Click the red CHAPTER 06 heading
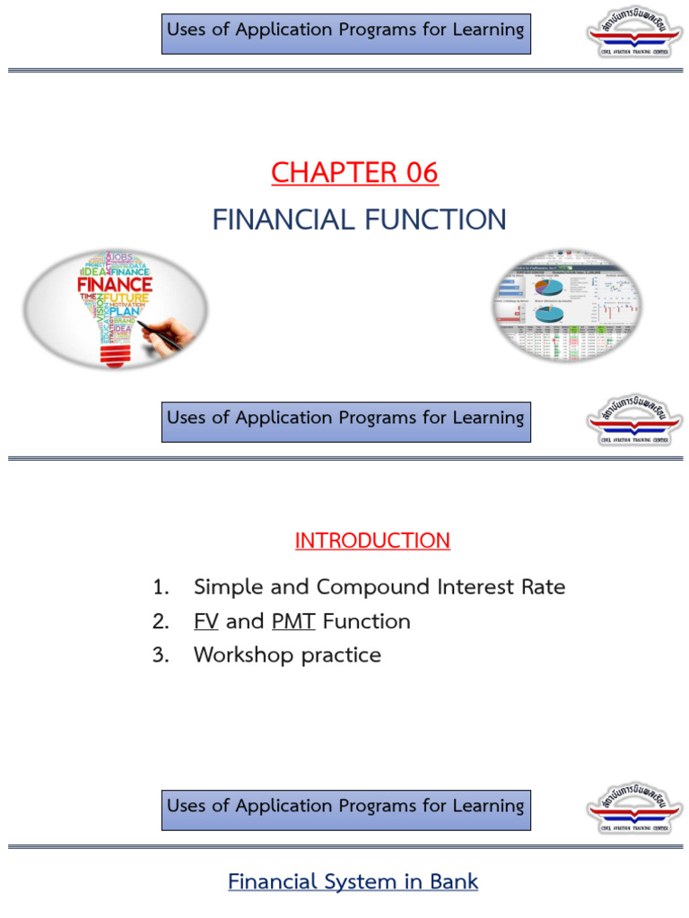click(354, 172)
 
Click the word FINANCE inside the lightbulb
click(115, 285)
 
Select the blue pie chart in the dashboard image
click(548, 287)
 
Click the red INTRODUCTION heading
click(372, 541)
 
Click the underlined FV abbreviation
click(205, 621)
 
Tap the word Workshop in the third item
click(243, 655)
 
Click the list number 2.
click(160, 621)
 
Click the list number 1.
click(160, 588)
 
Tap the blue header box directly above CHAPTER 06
click(345, 34)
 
